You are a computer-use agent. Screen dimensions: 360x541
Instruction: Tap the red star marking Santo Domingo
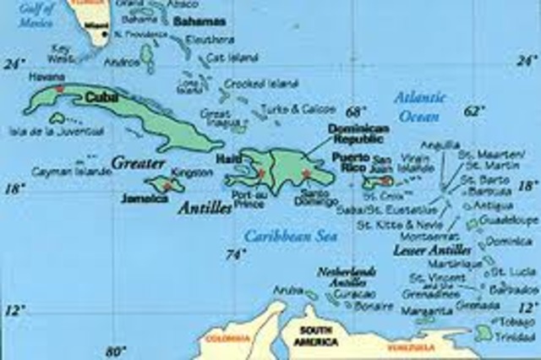pos(305,175)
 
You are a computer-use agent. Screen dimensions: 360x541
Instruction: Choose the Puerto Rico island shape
pos(379,181)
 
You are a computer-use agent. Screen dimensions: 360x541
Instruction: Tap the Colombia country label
pos(221,339)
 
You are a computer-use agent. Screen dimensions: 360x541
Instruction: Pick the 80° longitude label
pos(116,350)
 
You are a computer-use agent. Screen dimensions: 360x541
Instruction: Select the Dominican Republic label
pos(339,133)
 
